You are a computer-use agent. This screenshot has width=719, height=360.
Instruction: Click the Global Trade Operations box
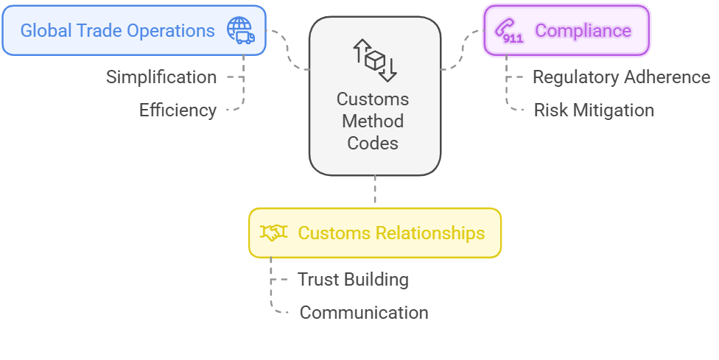coord(133,31)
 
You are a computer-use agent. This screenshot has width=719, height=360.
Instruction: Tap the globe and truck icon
coord(240,30)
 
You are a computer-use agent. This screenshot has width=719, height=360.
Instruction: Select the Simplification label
coord(161,77)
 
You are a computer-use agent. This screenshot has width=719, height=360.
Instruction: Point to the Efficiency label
coord(178,110)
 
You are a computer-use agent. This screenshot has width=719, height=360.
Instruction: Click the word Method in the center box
coord(373,121)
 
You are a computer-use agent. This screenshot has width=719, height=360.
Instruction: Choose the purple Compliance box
coord(566,31)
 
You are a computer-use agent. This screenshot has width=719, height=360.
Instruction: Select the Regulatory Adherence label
coord(621,77)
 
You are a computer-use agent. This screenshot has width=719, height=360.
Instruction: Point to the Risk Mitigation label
coord(594,110)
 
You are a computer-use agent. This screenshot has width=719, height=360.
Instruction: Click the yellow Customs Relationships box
coord(374,233)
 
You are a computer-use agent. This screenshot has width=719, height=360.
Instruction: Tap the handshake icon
coord(274,233)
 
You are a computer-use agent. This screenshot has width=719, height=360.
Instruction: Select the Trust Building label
coord(353,280)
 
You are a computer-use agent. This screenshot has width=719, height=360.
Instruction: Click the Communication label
coord(364,312)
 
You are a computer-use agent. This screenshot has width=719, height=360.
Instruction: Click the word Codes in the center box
coord(373,143)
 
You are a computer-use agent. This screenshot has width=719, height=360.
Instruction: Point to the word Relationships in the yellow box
coord(430,233)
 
